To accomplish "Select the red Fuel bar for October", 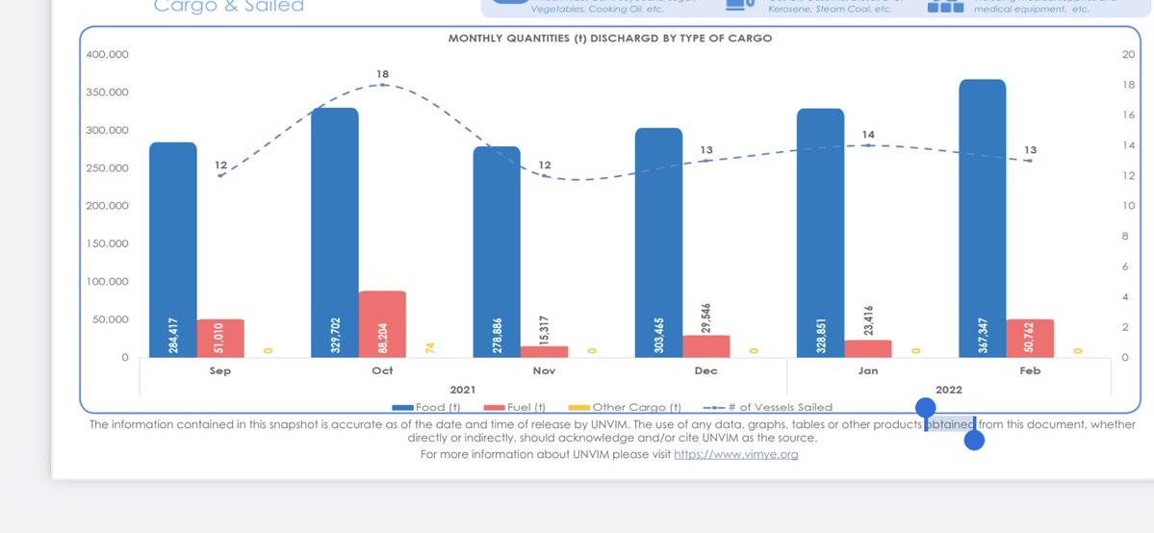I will click(382, 323).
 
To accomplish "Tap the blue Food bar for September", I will click(173, 249).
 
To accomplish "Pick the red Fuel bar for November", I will click(544, 351).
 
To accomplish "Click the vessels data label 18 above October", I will click(383, 74).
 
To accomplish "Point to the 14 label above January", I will click(868, 135).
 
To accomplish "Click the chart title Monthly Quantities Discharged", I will click(610, 38).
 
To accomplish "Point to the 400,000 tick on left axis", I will click(107, 54).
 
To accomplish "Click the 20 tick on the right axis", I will click(1129, 54).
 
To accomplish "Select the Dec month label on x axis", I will click(705, 370).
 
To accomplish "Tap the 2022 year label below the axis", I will click(948, 390).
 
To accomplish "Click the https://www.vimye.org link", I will click(735, 454).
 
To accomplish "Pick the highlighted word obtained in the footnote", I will click(950, 424).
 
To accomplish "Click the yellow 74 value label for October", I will click(429, 347).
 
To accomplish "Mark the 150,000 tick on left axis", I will click(107, 243).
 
